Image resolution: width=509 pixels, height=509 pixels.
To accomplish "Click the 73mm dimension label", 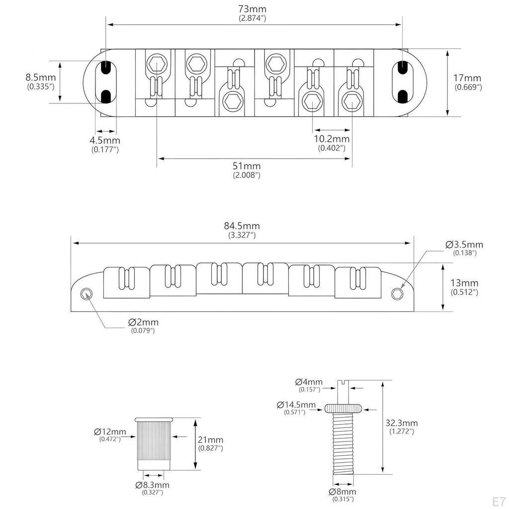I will point(253,9).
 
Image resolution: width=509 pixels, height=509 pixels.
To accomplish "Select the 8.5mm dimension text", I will point(41,78).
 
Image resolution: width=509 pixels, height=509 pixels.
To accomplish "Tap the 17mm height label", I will point(468,78).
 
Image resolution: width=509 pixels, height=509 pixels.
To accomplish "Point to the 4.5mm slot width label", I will point(104,141).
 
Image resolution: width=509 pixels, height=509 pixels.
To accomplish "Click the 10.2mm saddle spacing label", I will point(332,139).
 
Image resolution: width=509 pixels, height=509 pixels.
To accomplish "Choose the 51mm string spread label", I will point(247,166).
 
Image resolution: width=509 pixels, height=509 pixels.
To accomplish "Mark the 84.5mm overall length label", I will point(243,226).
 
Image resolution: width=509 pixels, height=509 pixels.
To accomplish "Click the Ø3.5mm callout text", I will point(464,245).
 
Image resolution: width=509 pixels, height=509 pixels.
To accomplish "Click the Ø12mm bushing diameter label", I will point(110,431).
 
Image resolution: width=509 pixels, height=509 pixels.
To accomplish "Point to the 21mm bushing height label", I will point(211,440).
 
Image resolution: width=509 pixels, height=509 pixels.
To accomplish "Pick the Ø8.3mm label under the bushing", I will point(152,485).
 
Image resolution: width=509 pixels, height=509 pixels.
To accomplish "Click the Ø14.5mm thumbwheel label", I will point(296,405).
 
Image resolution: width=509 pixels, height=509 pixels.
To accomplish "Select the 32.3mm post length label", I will point(402,424).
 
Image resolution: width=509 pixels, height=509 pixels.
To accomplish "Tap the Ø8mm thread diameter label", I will point(343,492).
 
